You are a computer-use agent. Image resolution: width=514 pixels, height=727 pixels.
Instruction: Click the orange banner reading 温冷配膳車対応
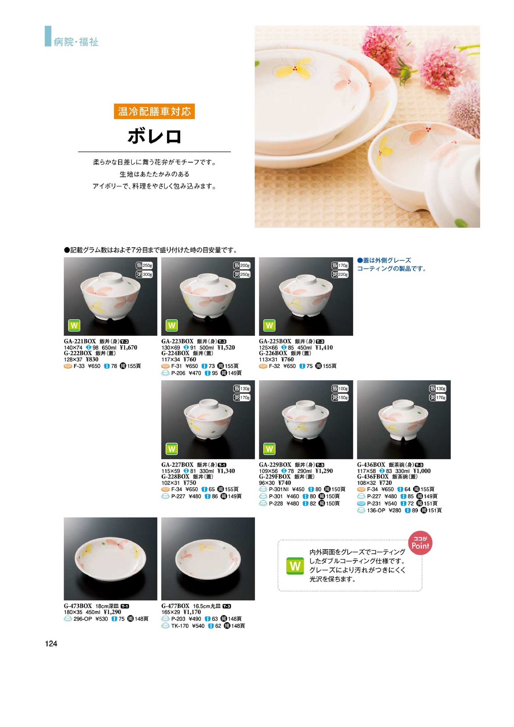pos(154,112)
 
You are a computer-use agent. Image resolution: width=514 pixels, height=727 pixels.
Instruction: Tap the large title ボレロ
pos(154,136)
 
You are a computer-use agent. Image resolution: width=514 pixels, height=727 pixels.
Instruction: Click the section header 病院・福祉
pos(76,42)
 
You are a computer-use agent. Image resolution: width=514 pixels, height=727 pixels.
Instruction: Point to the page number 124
pos(51,644)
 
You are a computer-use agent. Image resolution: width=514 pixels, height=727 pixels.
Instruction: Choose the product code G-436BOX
pos(371,465)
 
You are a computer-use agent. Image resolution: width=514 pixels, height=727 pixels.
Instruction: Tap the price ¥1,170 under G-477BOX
pos(192,612)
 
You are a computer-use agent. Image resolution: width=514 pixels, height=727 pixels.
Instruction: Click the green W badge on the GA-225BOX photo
pos(269,325)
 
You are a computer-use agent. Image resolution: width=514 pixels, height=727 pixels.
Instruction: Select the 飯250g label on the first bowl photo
pos(144,265)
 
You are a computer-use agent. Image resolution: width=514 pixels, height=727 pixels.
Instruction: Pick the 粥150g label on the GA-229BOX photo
pos(340,398)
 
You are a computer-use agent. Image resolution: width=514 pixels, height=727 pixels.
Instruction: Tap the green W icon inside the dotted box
pos(295,566)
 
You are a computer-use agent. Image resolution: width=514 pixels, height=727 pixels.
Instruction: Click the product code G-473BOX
pos(78,606)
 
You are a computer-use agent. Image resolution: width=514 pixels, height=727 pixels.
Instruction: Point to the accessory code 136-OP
pos(376,511)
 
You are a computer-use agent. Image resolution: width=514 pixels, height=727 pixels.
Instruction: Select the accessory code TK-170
pos(180,626)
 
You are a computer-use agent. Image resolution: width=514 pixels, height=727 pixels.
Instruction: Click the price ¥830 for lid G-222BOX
pos(92,359)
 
